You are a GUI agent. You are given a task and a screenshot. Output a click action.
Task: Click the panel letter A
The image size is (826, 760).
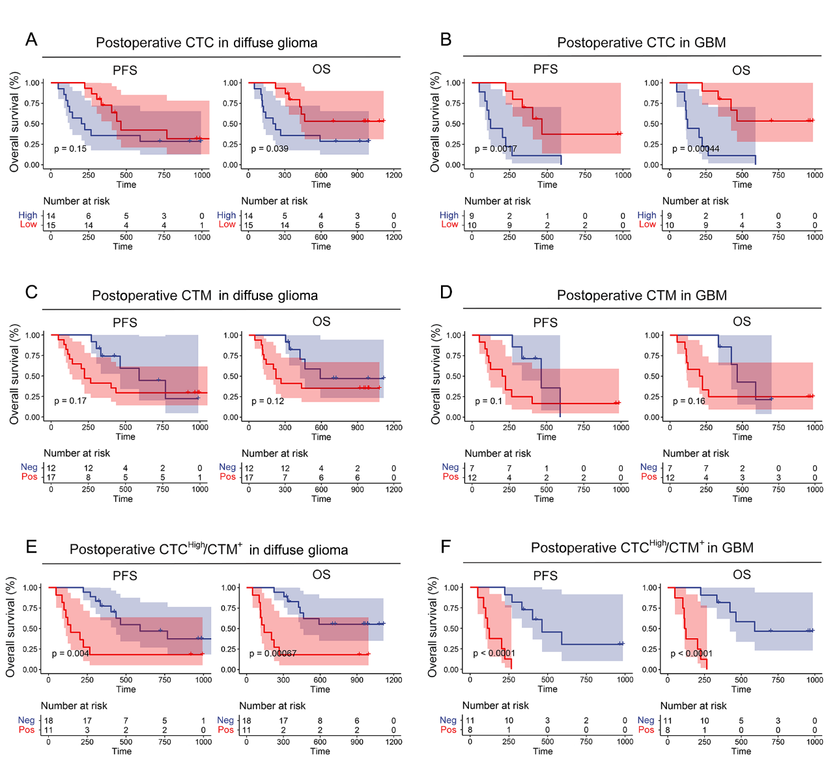[31, 40]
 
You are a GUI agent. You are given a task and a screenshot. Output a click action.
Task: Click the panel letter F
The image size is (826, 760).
[446, 546]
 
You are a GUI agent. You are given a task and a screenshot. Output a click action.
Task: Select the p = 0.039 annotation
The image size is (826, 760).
[270, 149]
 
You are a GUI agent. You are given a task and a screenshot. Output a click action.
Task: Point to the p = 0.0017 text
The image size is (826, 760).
[496, 149]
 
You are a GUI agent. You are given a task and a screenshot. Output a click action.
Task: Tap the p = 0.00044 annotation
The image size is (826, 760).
[696, 149]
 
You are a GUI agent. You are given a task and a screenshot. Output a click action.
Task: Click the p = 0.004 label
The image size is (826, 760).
[70, 653]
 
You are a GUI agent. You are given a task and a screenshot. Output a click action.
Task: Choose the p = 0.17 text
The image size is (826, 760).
[70, 401]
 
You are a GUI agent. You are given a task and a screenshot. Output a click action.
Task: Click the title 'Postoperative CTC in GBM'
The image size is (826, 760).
[641, 42]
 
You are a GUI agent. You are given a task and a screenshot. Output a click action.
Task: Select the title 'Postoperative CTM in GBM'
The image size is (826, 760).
[642, 295]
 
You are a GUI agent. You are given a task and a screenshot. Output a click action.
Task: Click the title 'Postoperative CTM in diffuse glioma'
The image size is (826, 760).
[205, 295]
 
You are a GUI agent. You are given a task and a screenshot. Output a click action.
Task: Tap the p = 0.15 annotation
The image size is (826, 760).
[70, 149]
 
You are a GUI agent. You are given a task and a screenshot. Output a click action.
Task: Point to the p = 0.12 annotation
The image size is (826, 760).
[268, 401]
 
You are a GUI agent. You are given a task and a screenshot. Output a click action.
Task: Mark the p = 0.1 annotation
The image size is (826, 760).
[489, 401]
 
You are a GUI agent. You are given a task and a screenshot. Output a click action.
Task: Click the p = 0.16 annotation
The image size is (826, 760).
[689, 401]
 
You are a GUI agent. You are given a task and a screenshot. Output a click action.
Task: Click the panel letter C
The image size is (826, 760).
[31, 292]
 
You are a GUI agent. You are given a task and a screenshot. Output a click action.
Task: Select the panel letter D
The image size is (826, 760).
[446, 292]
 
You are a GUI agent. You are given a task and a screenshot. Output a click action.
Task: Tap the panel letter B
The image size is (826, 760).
[446, 40]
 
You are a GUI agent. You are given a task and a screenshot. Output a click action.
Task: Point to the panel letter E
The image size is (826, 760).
[31, 546]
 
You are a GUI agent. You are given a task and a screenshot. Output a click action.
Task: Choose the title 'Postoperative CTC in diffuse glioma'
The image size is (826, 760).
[206, 42]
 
